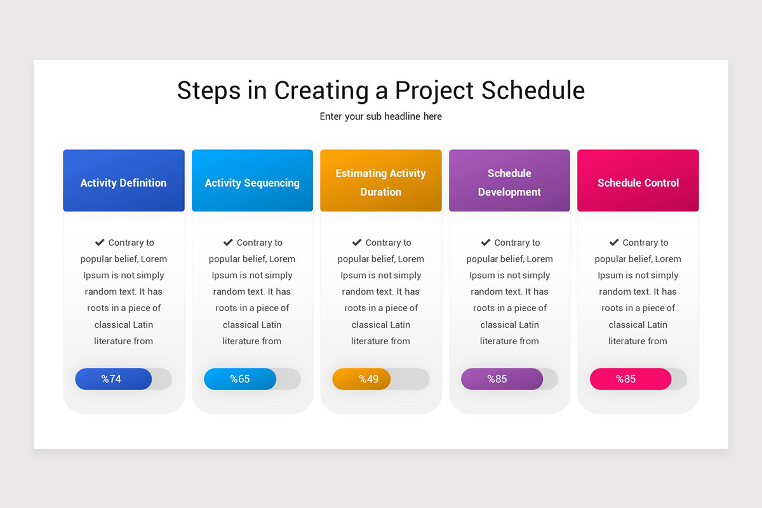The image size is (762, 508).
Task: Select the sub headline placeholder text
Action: [381, 117]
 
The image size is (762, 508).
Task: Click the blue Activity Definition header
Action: [124, 181]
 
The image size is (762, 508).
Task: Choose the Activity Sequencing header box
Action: [252, 181]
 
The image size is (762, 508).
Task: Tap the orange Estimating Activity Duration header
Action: [381, 181]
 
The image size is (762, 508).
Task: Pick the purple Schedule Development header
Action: [509, 181]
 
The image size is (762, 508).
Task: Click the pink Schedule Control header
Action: [638, 181]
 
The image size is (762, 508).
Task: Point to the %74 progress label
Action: [111, 379]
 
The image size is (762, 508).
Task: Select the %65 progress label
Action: [240, 379]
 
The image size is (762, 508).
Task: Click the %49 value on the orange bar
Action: [368, 379]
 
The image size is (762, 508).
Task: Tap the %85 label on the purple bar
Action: [497, 379]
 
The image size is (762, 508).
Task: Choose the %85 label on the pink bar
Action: [625, 379]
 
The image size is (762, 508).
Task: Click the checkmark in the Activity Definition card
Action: [100, 243]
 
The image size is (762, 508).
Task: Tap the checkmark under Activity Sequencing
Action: [228, 243]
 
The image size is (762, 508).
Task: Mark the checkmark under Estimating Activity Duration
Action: [357, 243]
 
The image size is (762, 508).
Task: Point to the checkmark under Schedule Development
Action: [486, 243]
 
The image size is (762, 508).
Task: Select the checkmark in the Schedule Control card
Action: [614, 243]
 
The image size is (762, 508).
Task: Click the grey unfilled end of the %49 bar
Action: [411, 379]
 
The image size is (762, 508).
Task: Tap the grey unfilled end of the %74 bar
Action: [163, 379]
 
